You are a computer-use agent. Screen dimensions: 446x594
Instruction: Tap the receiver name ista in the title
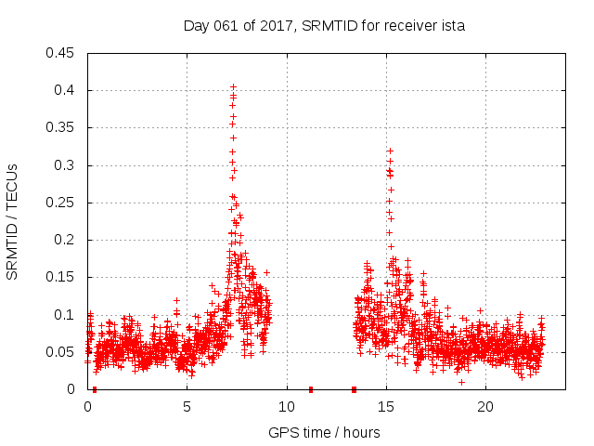[x=452, y=26]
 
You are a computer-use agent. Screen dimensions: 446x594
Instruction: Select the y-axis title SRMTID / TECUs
[x=13, y=220]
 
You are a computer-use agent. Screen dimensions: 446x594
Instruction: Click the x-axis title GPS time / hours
[x=324, y=432]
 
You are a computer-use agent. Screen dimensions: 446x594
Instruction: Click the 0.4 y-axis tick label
[x=66, y=90]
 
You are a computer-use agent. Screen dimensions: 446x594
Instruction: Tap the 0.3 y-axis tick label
[x=66, y=165]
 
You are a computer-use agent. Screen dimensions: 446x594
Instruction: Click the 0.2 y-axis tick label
[x=66, y=240]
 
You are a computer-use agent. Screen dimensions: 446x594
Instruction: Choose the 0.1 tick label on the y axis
[x=66, y=315]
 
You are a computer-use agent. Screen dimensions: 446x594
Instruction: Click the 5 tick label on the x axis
[x=187, y=407]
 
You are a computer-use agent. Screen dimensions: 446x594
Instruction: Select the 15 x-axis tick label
[x=385, y=407]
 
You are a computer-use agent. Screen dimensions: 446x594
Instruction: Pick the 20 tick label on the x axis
[x=484, y=407]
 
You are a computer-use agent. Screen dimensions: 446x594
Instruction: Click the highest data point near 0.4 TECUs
[x=234, y=86]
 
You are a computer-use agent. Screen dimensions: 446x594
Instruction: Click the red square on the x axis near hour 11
[x=311, y=389]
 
